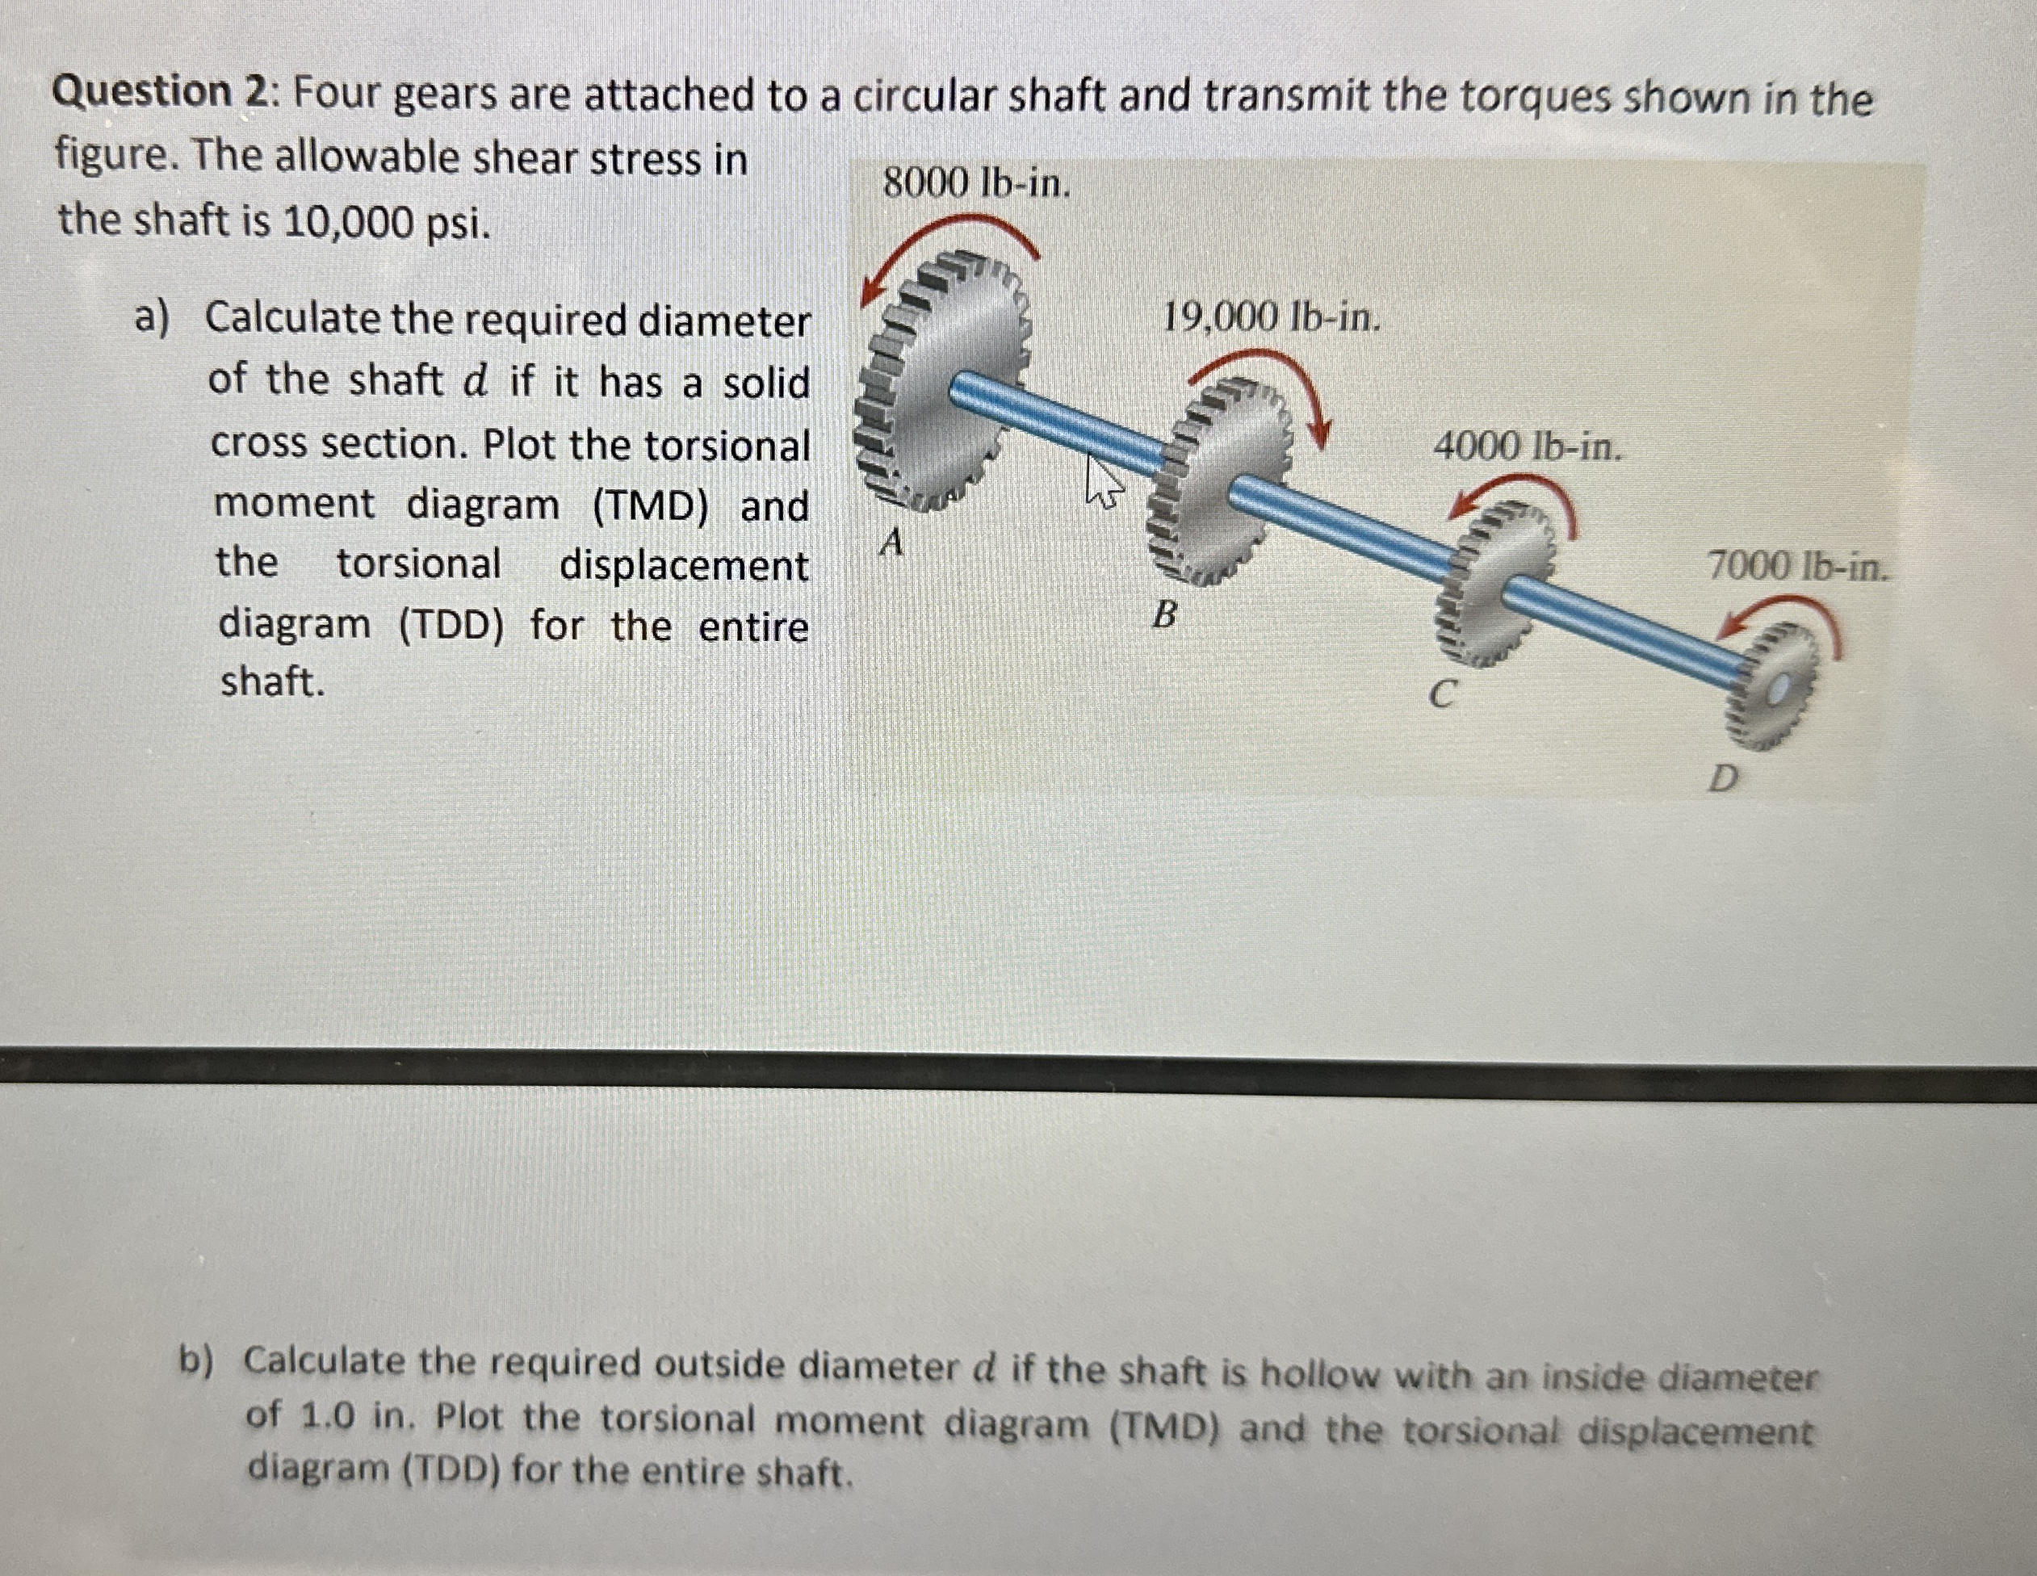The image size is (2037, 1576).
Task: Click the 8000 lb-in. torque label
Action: (977, 185)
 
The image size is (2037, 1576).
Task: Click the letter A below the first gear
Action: (893, 542)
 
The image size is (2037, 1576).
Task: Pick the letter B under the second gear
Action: (1165, 614)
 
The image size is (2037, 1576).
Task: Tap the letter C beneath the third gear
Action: (1443, 694)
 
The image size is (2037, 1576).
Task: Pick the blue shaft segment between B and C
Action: (1343, 522)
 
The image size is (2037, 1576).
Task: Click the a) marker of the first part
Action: (152, 318)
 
